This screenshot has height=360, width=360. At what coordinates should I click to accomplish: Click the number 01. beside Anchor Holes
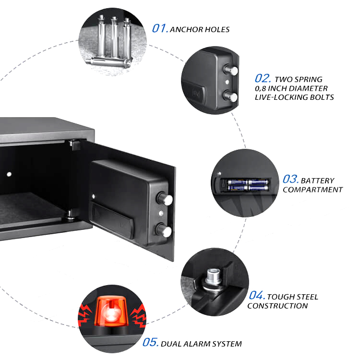point(160,28)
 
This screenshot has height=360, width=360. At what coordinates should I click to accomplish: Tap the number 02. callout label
point(263,79)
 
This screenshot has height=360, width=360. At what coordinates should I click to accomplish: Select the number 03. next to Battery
point(291,180)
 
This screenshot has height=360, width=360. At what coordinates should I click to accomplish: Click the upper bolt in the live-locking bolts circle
point(232,71)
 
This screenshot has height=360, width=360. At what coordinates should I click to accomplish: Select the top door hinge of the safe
point(73,143)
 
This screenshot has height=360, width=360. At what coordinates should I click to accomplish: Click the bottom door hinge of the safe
point(72,215)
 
